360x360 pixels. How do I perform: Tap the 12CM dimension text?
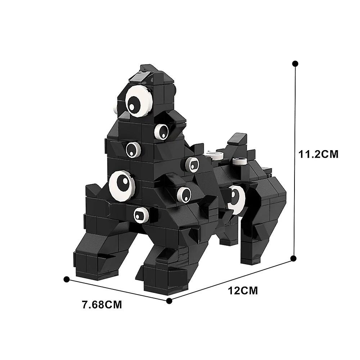tap(243, 290)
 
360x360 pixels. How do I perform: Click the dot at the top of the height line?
tap(295, 64)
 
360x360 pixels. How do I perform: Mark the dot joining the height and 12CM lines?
tap(293, 258)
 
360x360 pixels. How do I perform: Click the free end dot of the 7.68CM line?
tap(66, 279)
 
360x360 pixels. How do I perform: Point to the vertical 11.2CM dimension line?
tap(294, 162)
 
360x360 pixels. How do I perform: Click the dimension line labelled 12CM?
tap(230, 279)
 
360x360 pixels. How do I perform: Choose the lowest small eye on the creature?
tap(141, 215)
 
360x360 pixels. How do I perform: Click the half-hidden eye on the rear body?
tap(237, 199)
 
